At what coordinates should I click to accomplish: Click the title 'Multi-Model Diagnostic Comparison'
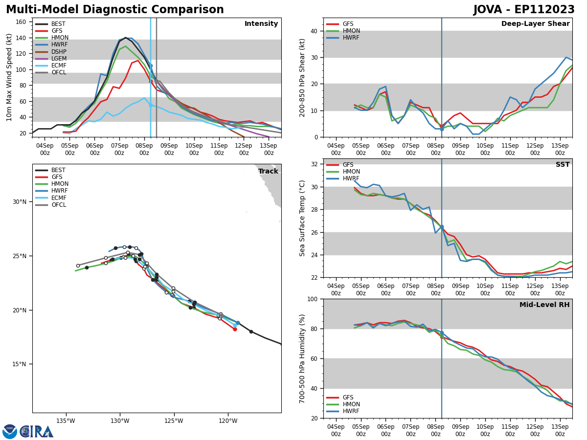[x=114, y=10]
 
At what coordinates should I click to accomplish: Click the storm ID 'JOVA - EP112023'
[x=524, y=10]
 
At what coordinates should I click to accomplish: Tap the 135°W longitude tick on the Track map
[x=65, y=420]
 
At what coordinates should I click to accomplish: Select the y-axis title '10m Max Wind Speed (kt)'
[x=9, y=77]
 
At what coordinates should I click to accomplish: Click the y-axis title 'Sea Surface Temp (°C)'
[x=302, y=218]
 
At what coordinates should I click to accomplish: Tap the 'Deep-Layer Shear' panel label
[x=535, y=24]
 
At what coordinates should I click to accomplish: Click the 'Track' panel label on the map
[x=268, y=172]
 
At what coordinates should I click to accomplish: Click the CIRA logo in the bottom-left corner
[x=28, y=432]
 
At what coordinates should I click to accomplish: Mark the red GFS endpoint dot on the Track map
[x=235, y=329]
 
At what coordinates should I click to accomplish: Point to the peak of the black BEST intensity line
[x=125, y=38]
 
